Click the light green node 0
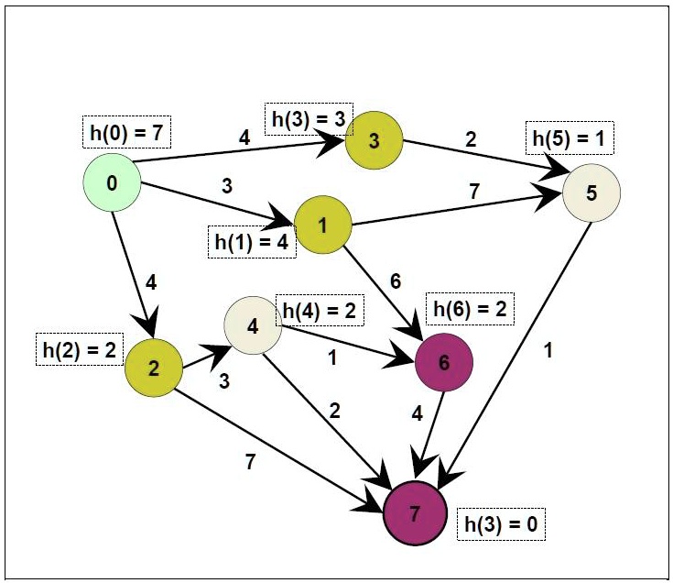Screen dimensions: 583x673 pyautogui.click(x=111, y=183)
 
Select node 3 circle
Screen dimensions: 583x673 pyautogui.click(x=374, y=140)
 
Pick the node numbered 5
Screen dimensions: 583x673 pyautogui.click(x=592, y=193)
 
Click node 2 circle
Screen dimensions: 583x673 pyautogui.click(x=153, y=368)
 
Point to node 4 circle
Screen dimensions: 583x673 pyautogui.click(x=253, y=326)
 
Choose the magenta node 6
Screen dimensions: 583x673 pyautogui.click(x=444, y=362)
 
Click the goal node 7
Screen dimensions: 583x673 pyautogui.click(x=416, y=513)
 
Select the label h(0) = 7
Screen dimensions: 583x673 pyautogui.click(x=125, y=132)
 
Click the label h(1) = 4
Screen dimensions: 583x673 pyautogui.click(x=252, y=244)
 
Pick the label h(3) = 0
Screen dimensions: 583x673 pyautogui.click(x=500, y=528)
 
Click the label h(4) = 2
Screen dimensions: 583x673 pyautogui.click(x=319, y=310)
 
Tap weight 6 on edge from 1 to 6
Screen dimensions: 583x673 pyautogui.click(x=396, y=281)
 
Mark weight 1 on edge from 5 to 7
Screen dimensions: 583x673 pyautogui.click(x=546, y=349)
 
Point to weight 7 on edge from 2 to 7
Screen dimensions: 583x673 pyautogui.click(x=250, y=461)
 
